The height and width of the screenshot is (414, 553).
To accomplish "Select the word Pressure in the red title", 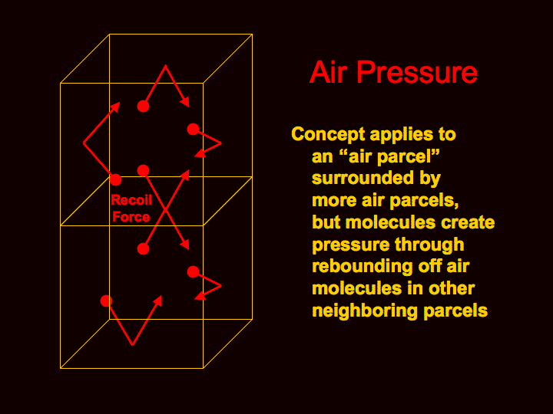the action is click(417, 72).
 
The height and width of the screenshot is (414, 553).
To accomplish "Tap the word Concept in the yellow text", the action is click(328, 135).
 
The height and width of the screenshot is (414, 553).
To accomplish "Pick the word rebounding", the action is click(363, 267).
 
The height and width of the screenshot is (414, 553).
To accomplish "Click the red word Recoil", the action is click(131, 200).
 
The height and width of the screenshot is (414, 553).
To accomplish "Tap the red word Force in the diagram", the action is click(131, 216).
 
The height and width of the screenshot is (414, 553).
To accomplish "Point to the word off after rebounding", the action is click(430, 266).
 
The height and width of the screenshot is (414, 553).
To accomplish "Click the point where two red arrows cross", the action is click(165, 210).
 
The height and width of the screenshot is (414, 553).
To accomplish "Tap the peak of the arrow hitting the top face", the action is click(165, 65).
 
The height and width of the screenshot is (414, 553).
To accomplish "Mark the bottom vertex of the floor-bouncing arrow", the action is click(133, 345).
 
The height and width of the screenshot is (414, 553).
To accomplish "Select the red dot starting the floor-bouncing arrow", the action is click(106, 301).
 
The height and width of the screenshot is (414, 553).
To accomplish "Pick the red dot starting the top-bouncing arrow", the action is click(143, 106).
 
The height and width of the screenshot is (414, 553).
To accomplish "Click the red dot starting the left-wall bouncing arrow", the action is click(115, 179).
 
